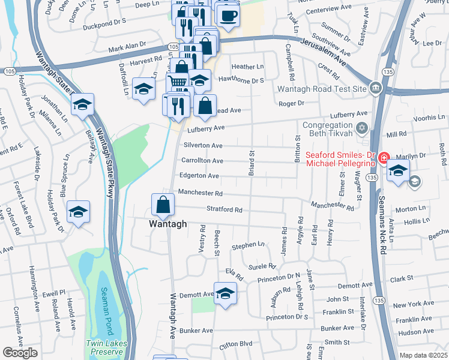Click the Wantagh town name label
pos(168,224)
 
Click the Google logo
pos(20,353)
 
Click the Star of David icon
pos(361,128)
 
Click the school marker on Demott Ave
pos(225,293)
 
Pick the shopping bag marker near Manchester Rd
pos(163,205)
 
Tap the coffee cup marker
pos(228,15)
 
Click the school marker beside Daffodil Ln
pos(144,89)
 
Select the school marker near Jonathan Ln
pos(82,106)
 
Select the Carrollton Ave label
pos(203,161)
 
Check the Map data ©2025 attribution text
pos(423,355)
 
